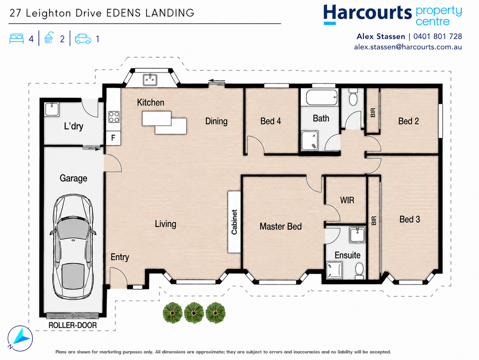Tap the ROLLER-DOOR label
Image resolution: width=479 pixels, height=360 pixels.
tap(72, 325)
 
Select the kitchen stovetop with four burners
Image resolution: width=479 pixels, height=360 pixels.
tap(114, 117)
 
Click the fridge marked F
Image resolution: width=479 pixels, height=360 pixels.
tap(113, 138)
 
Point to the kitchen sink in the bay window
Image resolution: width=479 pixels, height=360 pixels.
tap(150, 80)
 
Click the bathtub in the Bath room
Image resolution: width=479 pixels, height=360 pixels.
tap(322, 98)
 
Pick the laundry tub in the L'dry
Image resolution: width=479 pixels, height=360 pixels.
tap(52, 109)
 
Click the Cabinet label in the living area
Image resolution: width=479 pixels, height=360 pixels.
tap(234, 222)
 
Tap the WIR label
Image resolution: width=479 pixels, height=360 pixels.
tap(347, 200)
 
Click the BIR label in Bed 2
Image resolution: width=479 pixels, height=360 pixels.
tap(373, 113)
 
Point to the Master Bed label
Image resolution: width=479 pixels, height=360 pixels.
tap(281, 227)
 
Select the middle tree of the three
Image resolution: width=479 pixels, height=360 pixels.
tap(194, 313)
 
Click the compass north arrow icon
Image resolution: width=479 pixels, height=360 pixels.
tap(20, 338)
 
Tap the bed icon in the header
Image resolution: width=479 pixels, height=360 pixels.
tap(17, 39)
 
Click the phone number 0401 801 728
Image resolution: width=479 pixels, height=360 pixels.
tap(438, 36)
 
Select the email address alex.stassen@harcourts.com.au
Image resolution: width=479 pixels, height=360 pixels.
tap(408, 47)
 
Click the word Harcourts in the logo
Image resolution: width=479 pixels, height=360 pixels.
tap(367, 13)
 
